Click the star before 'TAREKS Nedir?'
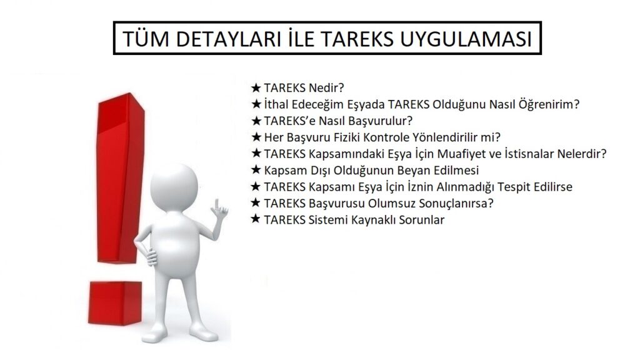[256, 87]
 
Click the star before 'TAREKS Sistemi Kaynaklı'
[256, 219]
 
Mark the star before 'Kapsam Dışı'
[256, 170]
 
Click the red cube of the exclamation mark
[115, 303]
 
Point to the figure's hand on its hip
[151, 257]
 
